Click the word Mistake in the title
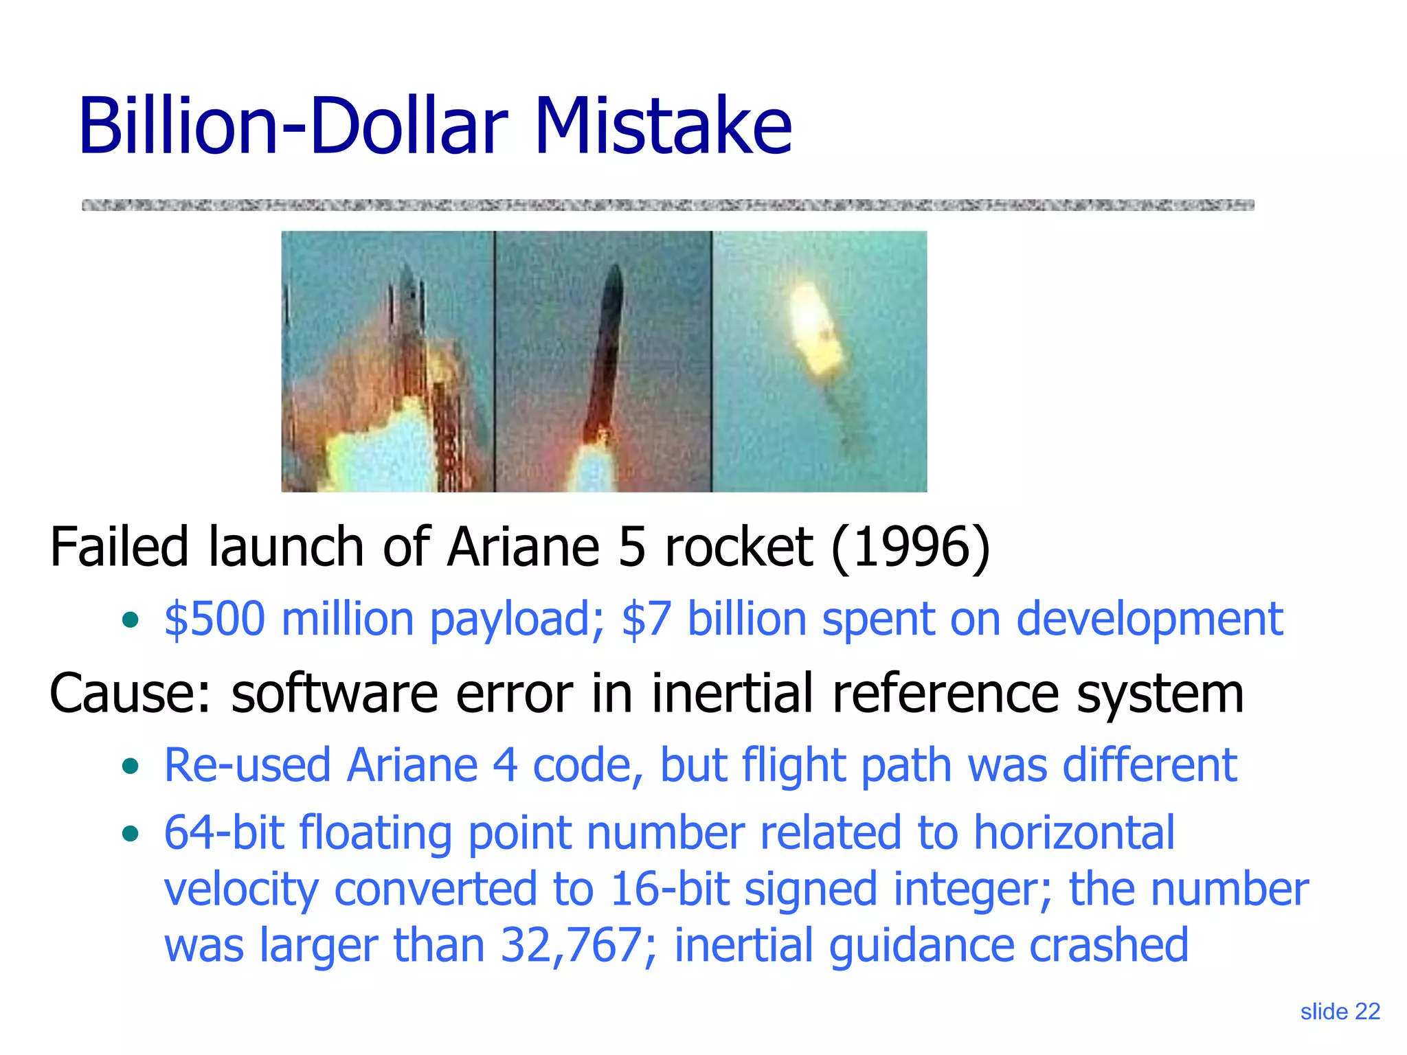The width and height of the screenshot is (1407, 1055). (x=663, y=126)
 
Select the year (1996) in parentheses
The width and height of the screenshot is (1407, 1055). (x=910, y=547)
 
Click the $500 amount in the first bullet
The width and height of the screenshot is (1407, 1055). (x=214, y=619)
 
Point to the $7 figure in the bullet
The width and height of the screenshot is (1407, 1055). (x=646, y=619)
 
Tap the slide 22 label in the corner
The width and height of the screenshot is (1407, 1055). (x=1340, y=1012)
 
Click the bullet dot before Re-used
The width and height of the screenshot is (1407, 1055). (x=130, y=766)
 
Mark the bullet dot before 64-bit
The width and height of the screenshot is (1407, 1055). (x=130, y=835)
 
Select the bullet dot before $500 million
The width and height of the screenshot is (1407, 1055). (x=130, y=620)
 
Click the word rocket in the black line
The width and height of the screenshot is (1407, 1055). (x=739, y=547)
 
